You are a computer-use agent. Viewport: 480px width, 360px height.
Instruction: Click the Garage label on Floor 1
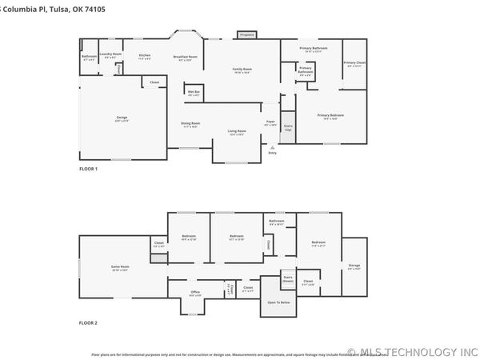[x=122, y=118]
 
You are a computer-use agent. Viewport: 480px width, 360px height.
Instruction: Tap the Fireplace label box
[x=246, y=35]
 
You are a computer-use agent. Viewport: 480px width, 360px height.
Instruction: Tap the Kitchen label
[x=145, y=57]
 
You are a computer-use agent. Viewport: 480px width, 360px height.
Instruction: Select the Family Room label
[x=242, y=71]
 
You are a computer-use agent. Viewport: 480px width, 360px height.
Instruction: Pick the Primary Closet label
[x=354, y=64]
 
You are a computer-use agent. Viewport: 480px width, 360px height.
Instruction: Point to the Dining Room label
[x=190, y=125]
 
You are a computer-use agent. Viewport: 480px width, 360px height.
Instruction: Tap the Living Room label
[x=237, y=132]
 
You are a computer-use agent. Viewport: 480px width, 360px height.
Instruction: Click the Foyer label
[x=271, y=123]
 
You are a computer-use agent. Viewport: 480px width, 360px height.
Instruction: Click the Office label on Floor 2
[x=195, y=294]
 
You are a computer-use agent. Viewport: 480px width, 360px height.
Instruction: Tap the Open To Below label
[x=278, y=302]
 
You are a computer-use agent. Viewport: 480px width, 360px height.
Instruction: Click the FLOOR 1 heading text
[x=88, y=169]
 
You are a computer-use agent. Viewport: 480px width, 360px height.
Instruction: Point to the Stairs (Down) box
[x=288, y=280]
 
